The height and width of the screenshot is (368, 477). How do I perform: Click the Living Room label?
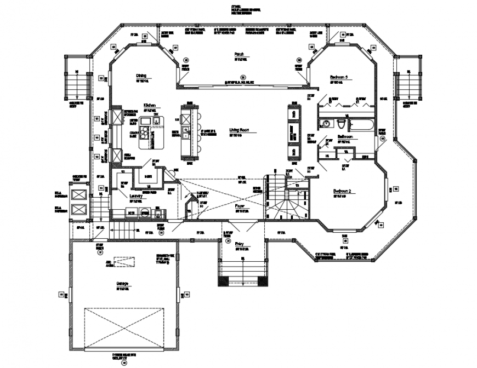click(240, 130)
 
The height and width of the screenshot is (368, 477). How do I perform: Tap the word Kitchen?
click(151, 105)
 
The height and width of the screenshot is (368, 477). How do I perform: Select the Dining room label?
click(141, 76)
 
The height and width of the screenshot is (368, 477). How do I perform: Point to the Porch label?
click(239, 54)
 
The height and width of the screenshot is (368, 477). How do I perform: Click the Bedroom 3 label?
click(339, 78)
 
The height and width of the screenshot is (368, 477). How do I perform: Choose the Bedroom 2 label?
click(342, 191)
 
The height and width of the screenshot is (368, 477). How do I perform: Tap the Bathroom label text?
click(345, 136)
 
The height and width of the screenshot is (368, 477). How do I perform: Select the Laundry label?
click(136, 196)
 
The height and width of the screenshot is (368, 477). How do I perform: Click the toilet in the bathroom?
click(341, 123)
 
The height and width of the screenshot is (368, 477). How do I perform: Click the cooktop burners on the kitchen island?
click(145, 132)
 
